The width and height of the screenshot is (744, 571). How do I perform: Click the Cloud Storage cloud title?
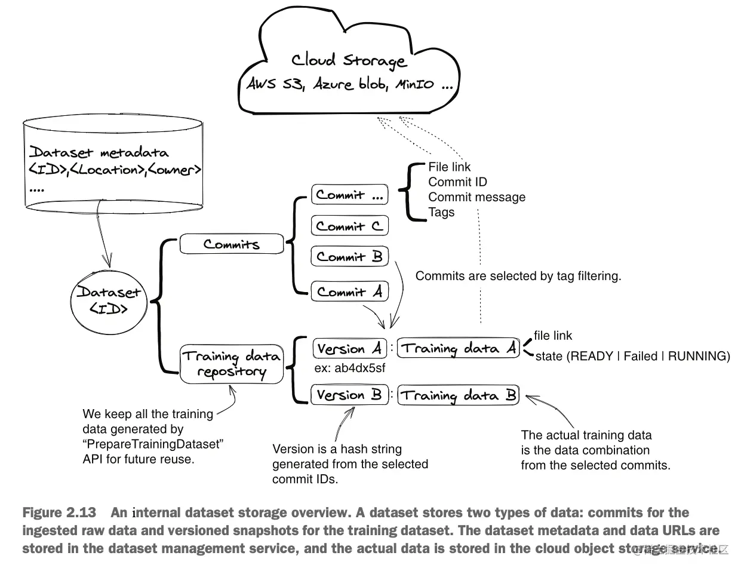pos(349,60)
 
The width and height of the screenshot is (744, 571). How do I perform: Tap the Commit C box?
pos(349,226)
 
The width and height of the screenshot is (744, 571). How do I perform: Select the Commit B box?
pos(349,257)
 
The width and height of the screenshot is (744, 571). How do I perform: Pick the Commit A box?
pos(349,292)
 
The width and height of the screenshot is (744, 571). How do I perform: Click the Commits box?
pos(231,244)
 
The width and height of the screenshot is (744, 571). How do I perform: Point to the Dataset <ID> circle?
pos(109,300)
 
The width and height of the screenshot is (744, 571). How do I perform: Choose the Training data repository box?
pos(231,364)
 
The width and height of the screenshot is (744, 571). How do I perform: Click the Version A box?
pos(349,348)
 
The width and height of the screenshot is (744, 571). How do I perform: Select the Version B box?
pos(349,395)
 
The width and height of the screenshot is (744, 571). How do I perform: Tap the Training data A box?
pos(459,348)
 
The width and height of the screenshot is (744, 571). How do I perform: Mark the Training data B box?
pos(459,395)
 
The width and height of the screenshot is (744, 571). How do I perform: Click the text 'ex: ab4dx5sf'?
pos(350,368)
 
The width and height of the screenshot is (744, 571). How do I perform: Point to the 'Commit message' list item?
pos(476,197)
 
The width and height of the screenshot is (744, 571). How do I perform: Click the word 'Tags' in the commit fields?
pos(441,212)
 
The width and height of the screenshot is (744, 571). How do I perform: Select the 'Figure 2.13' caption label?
pos(59,512)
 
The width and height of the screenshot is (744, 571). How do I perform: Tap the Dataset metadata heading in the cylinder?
pos(99,152)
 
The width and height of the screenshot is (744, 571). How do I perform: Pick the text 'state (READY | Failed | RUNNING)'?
pos(632,357)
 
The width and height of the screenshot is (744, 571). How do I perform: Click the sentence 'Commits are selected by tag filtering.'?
pos(518,276)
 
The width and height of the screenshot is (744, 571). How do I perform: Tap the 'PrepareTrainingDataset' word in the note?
pos(153,444)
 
